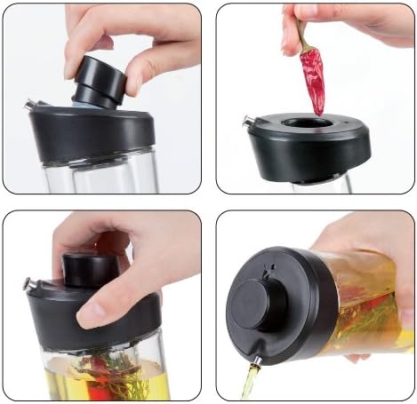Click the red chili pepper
pyautogui.click(x=312, y=81)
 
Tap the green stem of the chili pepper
pyautogui.click(x=303, y=37)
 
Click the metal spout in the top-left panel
pyautogui.click(x=29, y=106)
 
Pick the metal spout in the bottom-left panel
pyautogui.click(x=30, y=285)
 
